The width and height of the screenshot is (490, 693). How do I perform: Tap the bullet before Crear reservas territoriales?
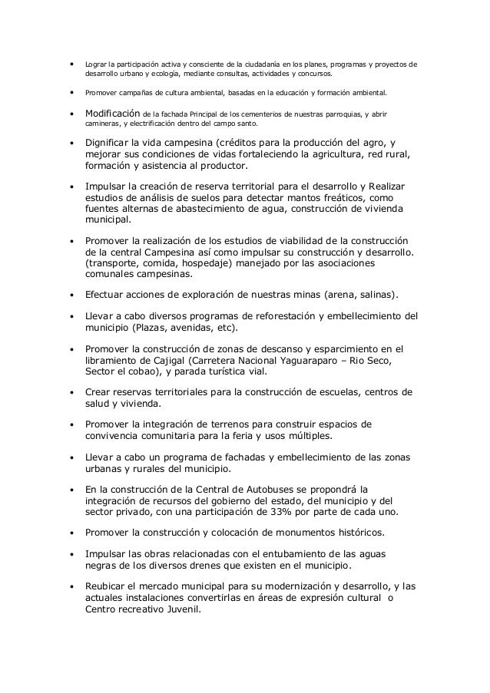71,393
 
